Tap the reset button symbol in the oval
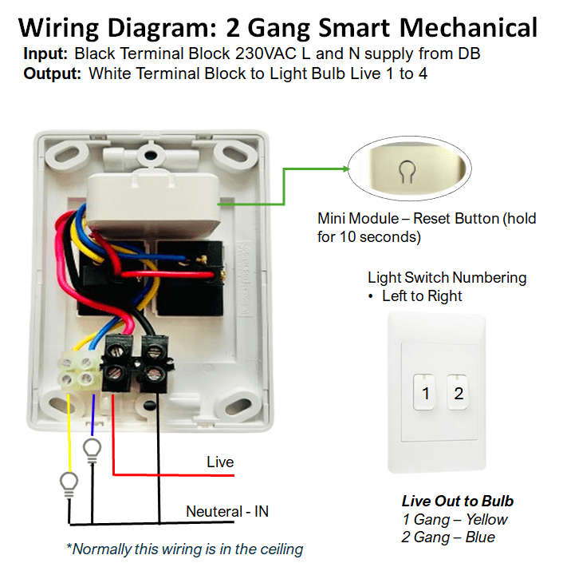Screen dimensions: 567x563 click(406, 169)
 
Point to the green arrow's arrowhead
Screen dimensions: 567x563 click(345, 169)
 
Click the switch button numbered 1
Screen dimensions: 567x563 click(426, 393)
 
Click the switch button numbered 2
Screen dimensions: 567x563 click(458, 393)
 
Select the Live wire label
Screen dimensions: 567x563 click(220, 462)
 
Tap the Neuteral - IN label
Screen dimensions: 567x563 click(227, 511)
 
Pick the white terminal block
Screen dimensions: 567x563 click(77, 371)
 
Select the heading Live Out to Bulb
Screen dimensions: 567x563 click(457, 502)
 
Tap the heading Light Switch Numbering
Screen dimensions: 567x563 click(447, 278)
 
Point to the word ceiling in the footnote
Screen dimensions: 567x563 click(278, 549)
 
